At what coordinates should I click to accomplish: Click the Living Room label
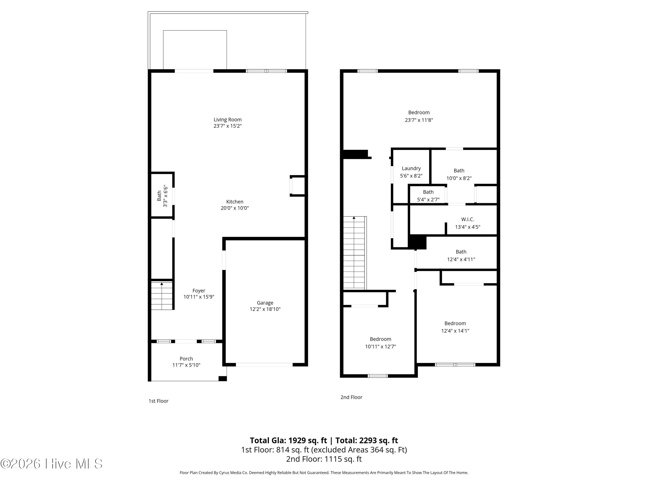coord(228,119)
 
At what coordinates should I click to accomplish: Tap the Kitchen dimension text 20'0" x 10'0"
coord(235,208)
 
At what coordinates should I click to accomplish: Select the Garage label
coord(265,303)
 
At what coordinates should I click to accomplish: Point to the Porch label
coord(186,359)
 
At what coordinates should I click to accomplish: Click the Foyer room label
coord(199,291)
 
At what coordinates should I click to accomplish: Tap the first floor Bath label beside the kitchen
coord(159,196)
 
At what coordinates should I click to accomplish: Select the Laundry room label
coord(411,168)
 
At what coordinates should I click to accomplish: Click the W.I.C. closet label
coord(468,219)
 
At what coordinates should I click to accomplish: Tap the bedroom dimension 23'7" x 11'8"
coord(419,120)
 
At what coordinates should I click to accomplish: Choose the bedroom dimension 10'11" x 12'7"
coord(381,346)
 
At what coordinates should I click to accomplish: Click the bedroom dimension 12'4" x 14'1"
coord(455,331)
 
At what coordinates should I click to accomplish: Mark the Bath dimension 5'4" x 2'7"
coord(428,200)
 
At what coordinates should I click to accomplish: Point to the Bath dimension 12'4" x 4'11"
coord(461,259)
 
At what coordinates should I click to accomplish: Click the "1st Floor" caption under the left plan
coord(159,401)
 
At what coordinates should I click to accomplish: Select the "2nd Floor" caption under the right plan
coord(351,397)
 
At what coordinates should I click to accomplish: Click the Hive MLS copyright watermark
coord(52,464)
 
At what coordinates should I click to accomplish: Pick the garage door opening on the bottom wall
coord(264,365)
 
